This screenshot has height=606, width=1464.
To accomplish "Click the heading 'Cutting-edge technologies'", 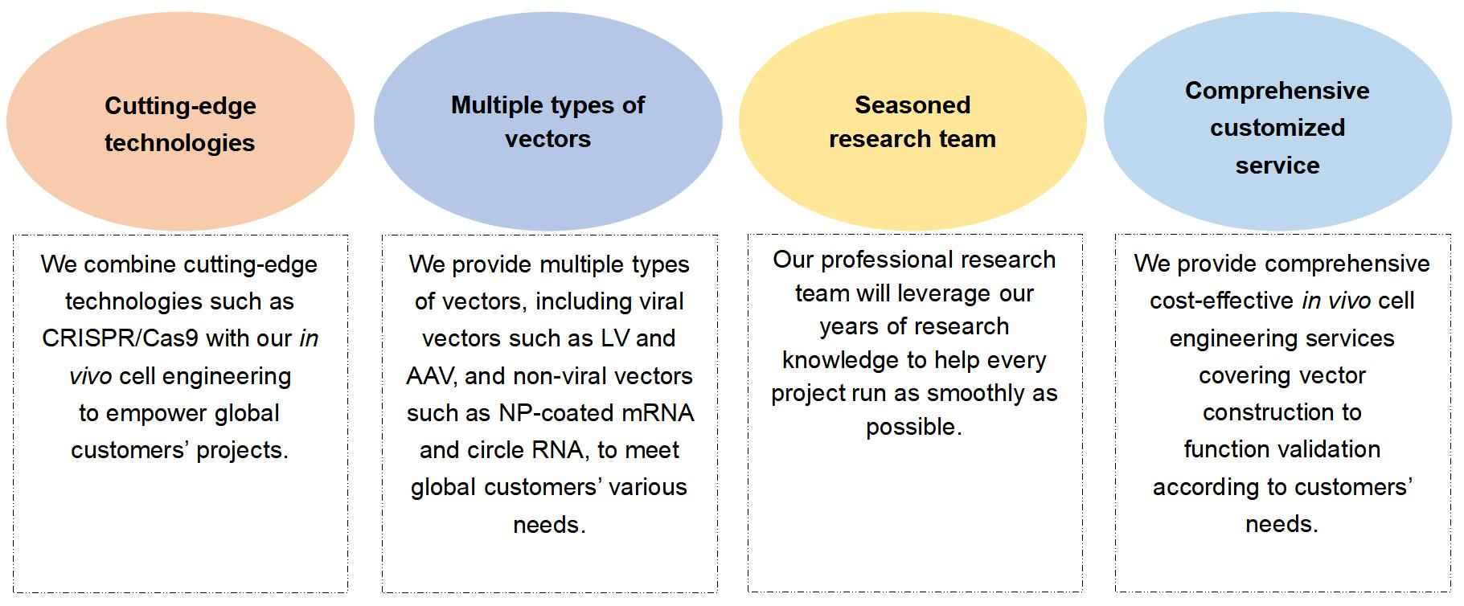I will coord(180,124).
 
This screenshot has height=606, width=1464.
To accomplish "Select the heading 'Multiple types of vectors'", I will coord(547,121).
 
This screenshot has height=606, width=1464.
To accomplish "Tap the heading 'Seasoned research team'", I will coord(912,121).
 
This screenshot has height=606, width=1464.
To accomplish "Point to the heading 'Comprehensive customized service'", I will coord(1277,128).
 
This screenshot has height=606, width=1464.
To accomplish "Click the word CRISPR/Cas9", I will coord(120,338).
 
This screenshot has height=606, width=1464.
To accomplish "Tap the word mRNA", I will coord(658,413).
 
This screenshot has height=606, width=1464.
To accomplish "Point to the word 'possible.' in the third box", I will coord(913,427).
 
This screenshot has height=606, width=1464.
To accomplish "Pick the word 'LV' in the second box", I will coord(615,338).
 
